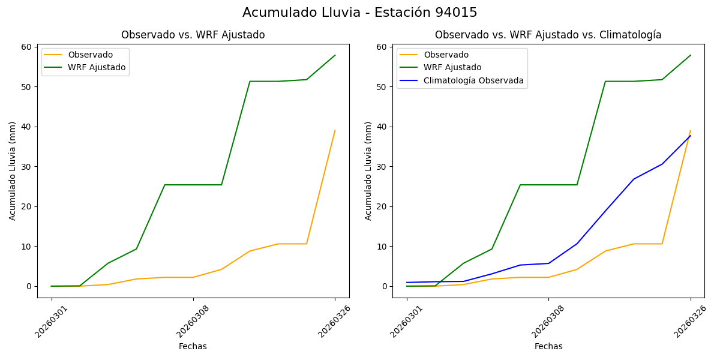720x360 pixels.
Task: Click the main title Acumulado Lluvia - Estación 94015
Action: click(360, 13)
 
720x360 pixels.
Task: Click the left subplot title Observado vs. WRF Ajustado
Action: click(193, 35)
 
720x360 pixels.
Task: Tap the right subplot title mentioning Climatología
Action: click(548, 35)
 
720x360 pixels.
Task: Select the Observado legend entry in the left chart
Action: click(90, 55)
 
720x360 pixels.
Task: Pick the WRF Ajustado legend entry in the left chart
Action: click(97, 67)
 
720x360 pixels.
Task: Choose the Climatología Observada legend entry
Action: click(473, 80)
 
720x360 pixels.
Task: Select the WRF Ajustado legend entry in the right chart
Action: click(452, 67)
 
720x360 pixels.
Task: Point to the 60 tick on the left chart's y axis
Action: click(26, 47)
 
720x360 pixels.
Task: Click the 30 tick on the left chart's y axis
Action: click(26, 167)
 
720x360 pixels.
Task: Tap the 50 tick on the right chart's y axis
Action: click(382, 87)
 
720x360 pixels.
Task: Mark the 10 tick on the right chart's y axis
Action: click(382, 247)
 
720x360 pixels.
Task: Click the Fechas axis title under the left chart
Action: click(193, 346)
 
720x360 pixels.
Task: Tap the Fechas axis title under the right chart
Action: click(548, 346)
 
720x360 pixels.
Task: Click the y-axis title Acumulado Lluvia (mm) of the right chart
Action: click(368, 171)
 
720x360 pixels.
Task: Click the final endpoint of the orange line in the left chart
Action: click(335, 130)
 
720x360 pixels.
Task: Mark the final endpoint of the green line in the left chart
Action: click(335, 55)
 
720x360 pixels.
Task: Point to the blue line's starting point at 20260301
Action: click(407, 283)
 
